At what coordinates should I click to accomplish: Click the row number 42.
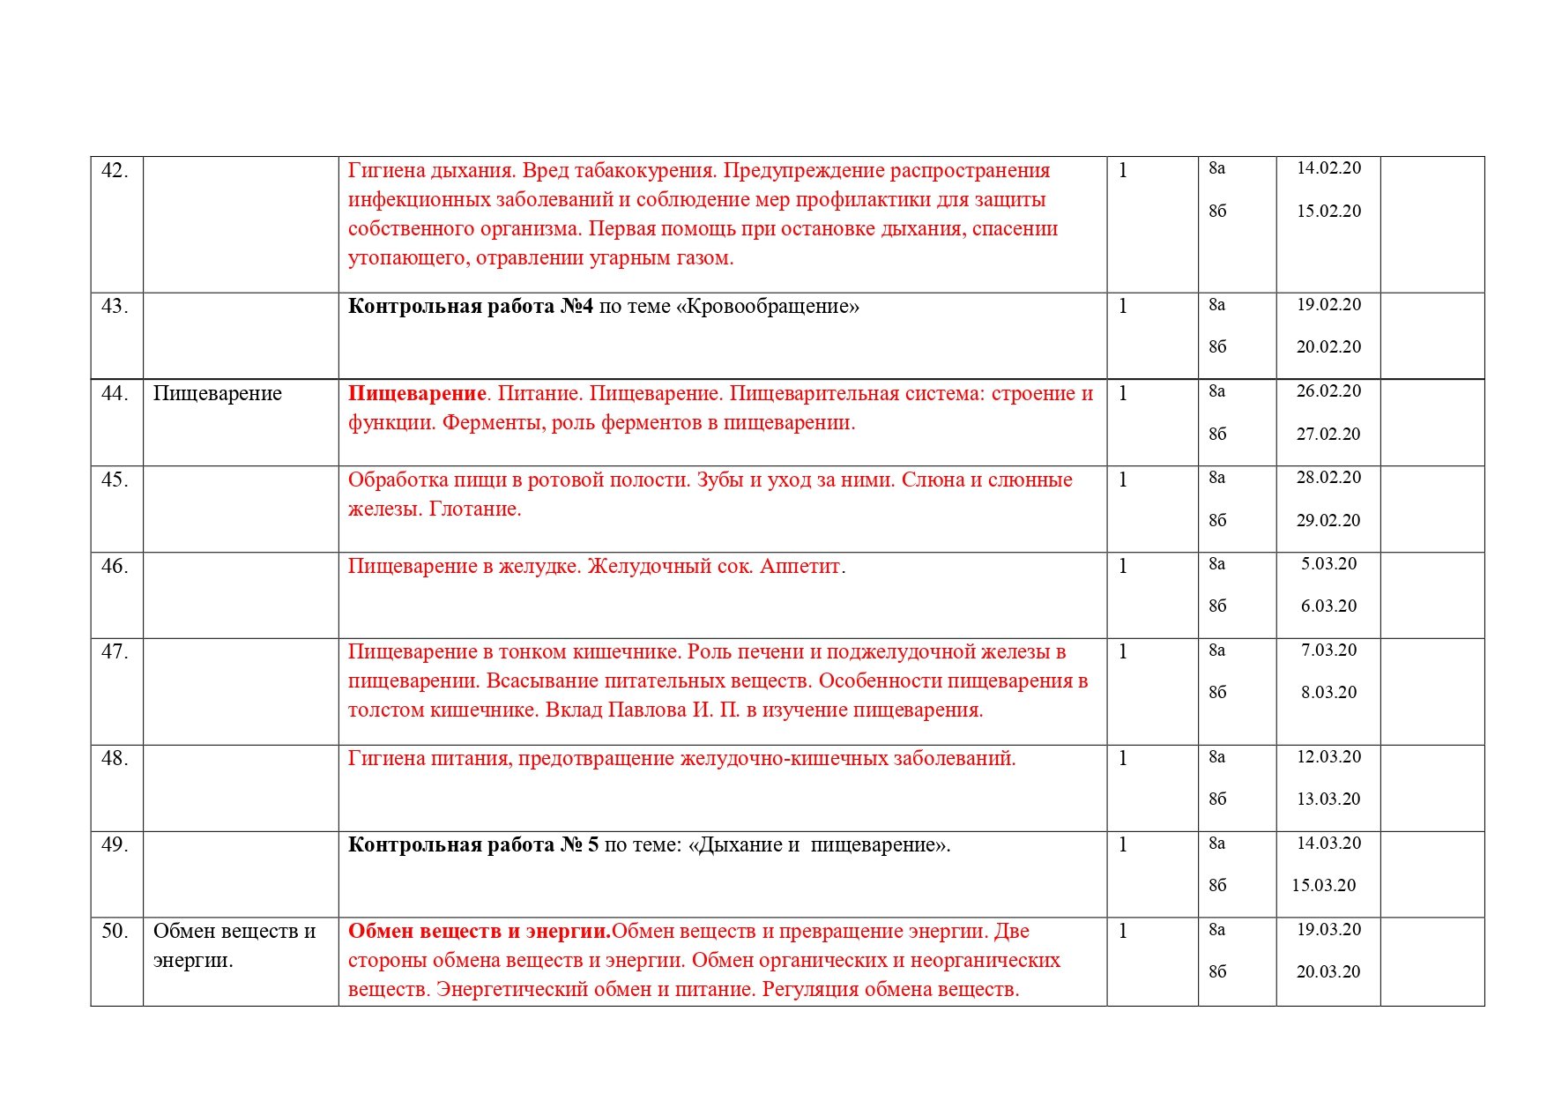pyautogui.click(x=115, y=171)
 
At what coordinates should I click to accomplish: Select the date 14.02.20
pyautogui.click(x=1328, y=168)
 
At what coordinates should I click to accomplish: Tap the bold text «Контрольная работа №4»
pyautogui.click(x=471, y=307)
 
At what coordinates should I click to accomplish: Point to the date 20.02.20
pyautogui.click(x=1328, y=347)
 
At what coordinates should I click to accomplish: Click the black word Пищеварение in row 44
pyautogui.click(x=217, y=394)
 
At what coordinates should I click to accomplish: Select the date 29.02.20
pyautogui.click(x=1328, y=521)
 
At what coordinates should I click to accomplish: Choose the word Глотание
pyautogui.click(x=474, y=509)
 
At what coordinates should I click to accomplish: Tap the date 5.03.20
pyautogui.click(x=1328, y=564)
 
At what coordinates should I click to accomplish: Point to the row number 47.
pyautogui.click(x=115, y=652)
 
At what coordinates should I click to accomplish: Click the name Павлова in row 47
pyautogui.click(x=646, y=710)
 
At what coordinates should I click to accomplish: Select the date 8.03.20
pyautogui.click(x=1328, y=693)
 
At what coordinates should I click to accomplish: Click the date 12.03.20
pyautogui.click(x=1328, y=757)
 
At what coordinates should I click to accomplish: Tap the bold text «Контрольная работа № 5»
pyautogui.click(x=473, y=845)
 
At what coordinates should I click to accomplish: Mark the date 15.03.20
pyautogui.click(x=1323, y=886)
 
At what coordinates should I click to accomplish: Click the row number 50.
pyautogui.click(x=115, y=932)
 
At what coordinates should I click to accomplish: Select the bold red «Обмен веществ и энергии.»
pyautogui.click(x=480, y=932)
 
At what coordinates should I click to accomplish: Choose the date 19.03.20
pyautogui.click(x=1328, y=930)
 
